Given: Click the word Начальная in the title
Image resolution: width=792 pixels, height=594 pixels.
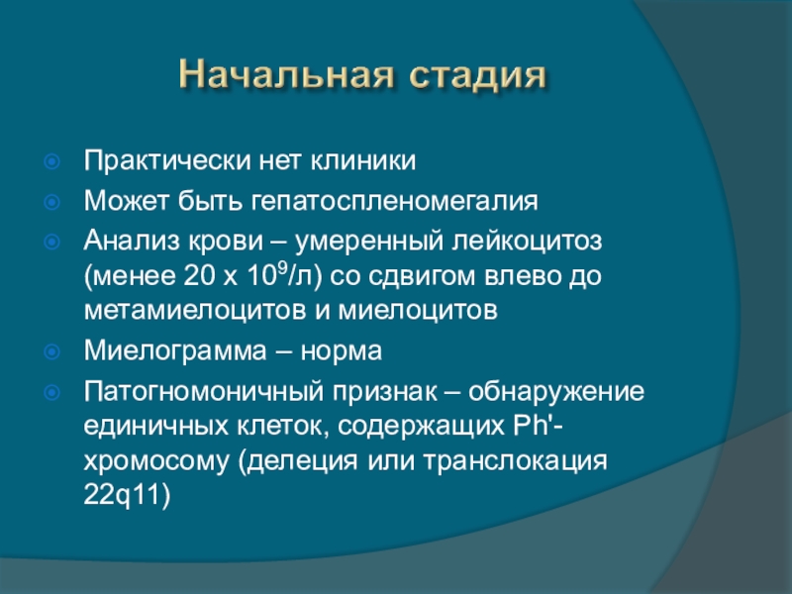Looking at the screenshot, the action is (x=286, y=75).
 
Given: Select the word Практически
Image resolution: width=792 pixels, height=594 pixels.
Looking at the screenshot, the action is (x=167, y=161).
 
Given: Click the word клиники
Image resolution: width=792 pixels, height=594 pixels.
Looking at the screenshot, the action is (x=362, y=161).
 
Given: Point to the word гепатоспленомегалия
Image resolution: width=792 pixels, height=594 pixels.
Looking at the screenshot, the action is (x=394, y=202).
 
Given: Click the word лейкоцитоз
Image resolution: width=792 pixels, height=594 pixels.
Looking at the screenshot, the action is (x=527, y=241).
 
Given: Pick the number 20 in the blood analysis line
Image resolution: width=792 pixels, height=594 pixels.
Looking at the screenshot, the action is (x=200, y=276).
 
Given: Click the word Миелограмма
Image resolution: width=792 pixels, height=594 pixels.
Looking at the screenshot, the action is (x=175, y=351).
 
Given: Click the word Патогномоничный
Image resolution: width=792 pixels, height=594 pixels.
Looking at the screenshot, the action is (x=203, y=391).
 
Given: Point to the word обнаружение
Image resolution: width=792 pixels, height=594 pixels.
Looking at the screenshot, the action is (x=556, y=392).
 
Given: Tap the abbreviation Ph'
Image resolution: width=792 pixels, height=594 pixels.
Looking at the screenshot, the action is (x=534, y=426).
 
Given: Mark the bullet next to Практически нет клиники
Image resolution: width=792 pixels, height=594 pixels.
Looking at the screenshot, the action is (x=52, y=161).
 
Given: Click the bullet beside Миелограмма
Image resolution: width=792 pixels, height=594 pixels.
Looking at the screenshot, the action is (x=52, y=351).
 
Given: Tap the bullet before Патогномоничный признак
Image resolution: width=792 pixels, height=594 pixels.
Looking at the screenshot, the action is (x=52, y=392).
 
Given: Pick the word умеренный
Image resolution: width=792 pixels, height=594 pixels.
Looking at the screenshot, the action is (x=369, y=242).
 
